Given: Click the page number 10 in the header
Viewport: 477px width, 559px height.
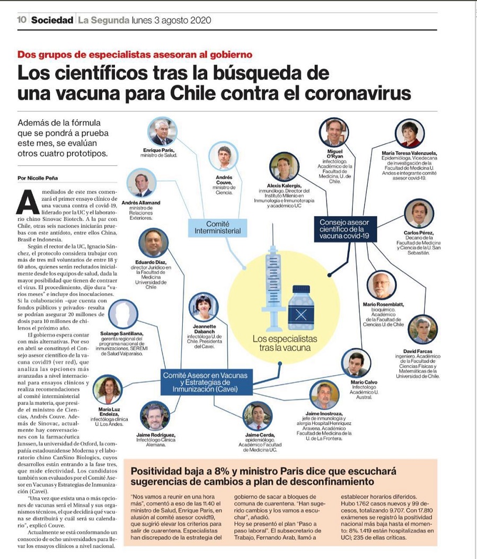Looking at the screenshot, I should point(22,20).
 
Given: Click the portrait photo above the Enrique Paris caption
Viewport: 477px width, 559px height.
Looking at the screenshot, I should point(162,132).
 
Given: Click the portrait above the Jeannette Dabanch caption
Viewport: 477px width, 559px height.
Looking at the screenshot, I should point(204,307).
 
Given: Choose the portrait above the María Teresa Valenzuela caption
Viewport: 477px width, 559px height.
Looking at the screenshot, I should point(409,134).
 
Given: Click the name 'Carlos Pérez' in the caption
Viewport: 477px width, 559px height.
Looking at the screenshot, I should point(418,233).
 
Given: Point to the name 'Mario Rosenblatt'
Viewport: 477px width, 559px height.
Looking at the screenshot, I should point(383,304).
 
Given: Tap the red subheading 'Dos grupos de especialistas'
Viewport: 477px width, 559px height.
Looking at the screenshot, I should point(135,54).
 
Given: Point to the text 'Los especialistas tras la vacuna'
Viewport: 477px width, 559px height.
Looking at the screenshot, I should point(285,343).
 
